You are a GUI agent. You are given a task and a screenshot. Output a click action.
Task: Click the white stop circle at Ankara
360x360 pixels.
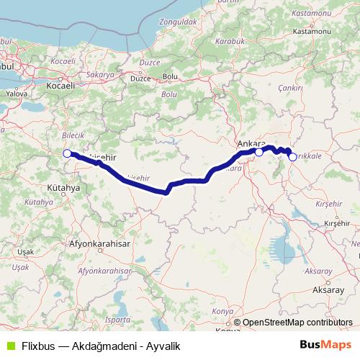click(258, 152)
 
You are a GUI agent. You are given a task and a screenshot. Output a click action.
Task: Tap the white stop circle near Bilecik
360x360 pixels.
click(67, 153)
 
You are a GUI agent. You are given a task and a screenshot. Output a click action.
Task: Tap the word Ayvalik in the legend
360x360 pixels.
click(163, 346)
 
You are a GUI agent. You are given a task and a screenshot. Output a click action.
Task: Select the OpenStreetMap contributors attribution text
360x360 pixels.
click(297, 322)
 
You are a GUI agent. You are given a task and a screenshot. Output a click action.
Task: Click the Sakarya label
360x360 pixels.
click(100, 74)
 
